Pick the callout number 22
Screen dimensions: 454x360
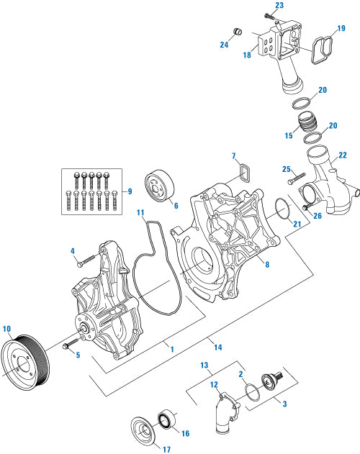click(342, 155)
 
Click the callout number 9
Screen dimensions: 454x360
click(129, 191)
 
